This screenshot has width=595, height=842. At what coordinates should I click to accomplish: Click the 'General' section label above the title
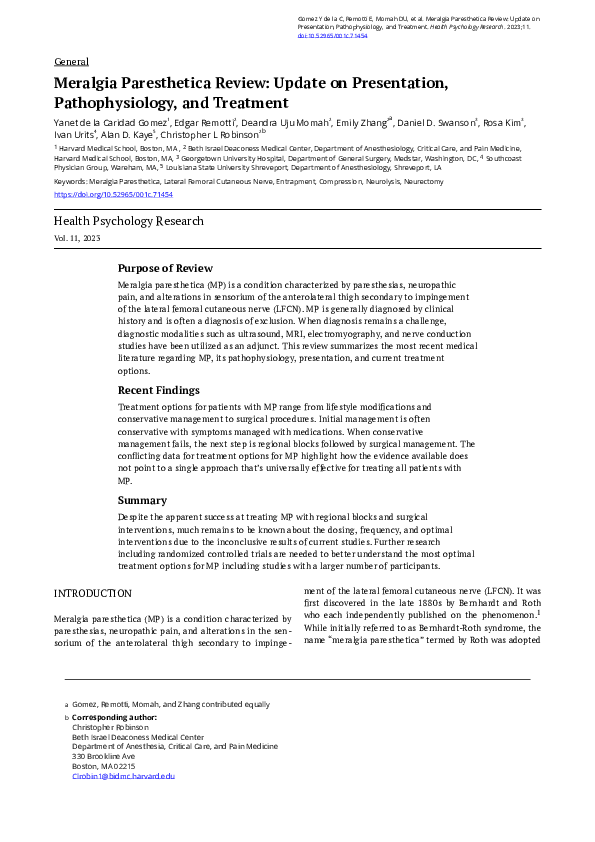71,62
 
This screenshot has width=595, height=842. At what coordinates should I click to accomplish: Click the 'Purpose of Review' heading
165,268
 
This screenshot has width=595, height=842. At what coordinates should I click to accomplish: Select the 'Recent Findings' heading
159,390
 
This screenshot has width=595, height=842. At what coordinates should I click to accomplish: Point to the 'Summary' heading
142,500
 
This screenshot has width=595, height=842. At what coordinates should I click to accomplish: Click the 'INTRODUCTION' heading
92,593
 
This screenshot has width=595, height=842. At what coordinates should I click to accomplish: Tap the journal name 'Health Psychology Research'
129,221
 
